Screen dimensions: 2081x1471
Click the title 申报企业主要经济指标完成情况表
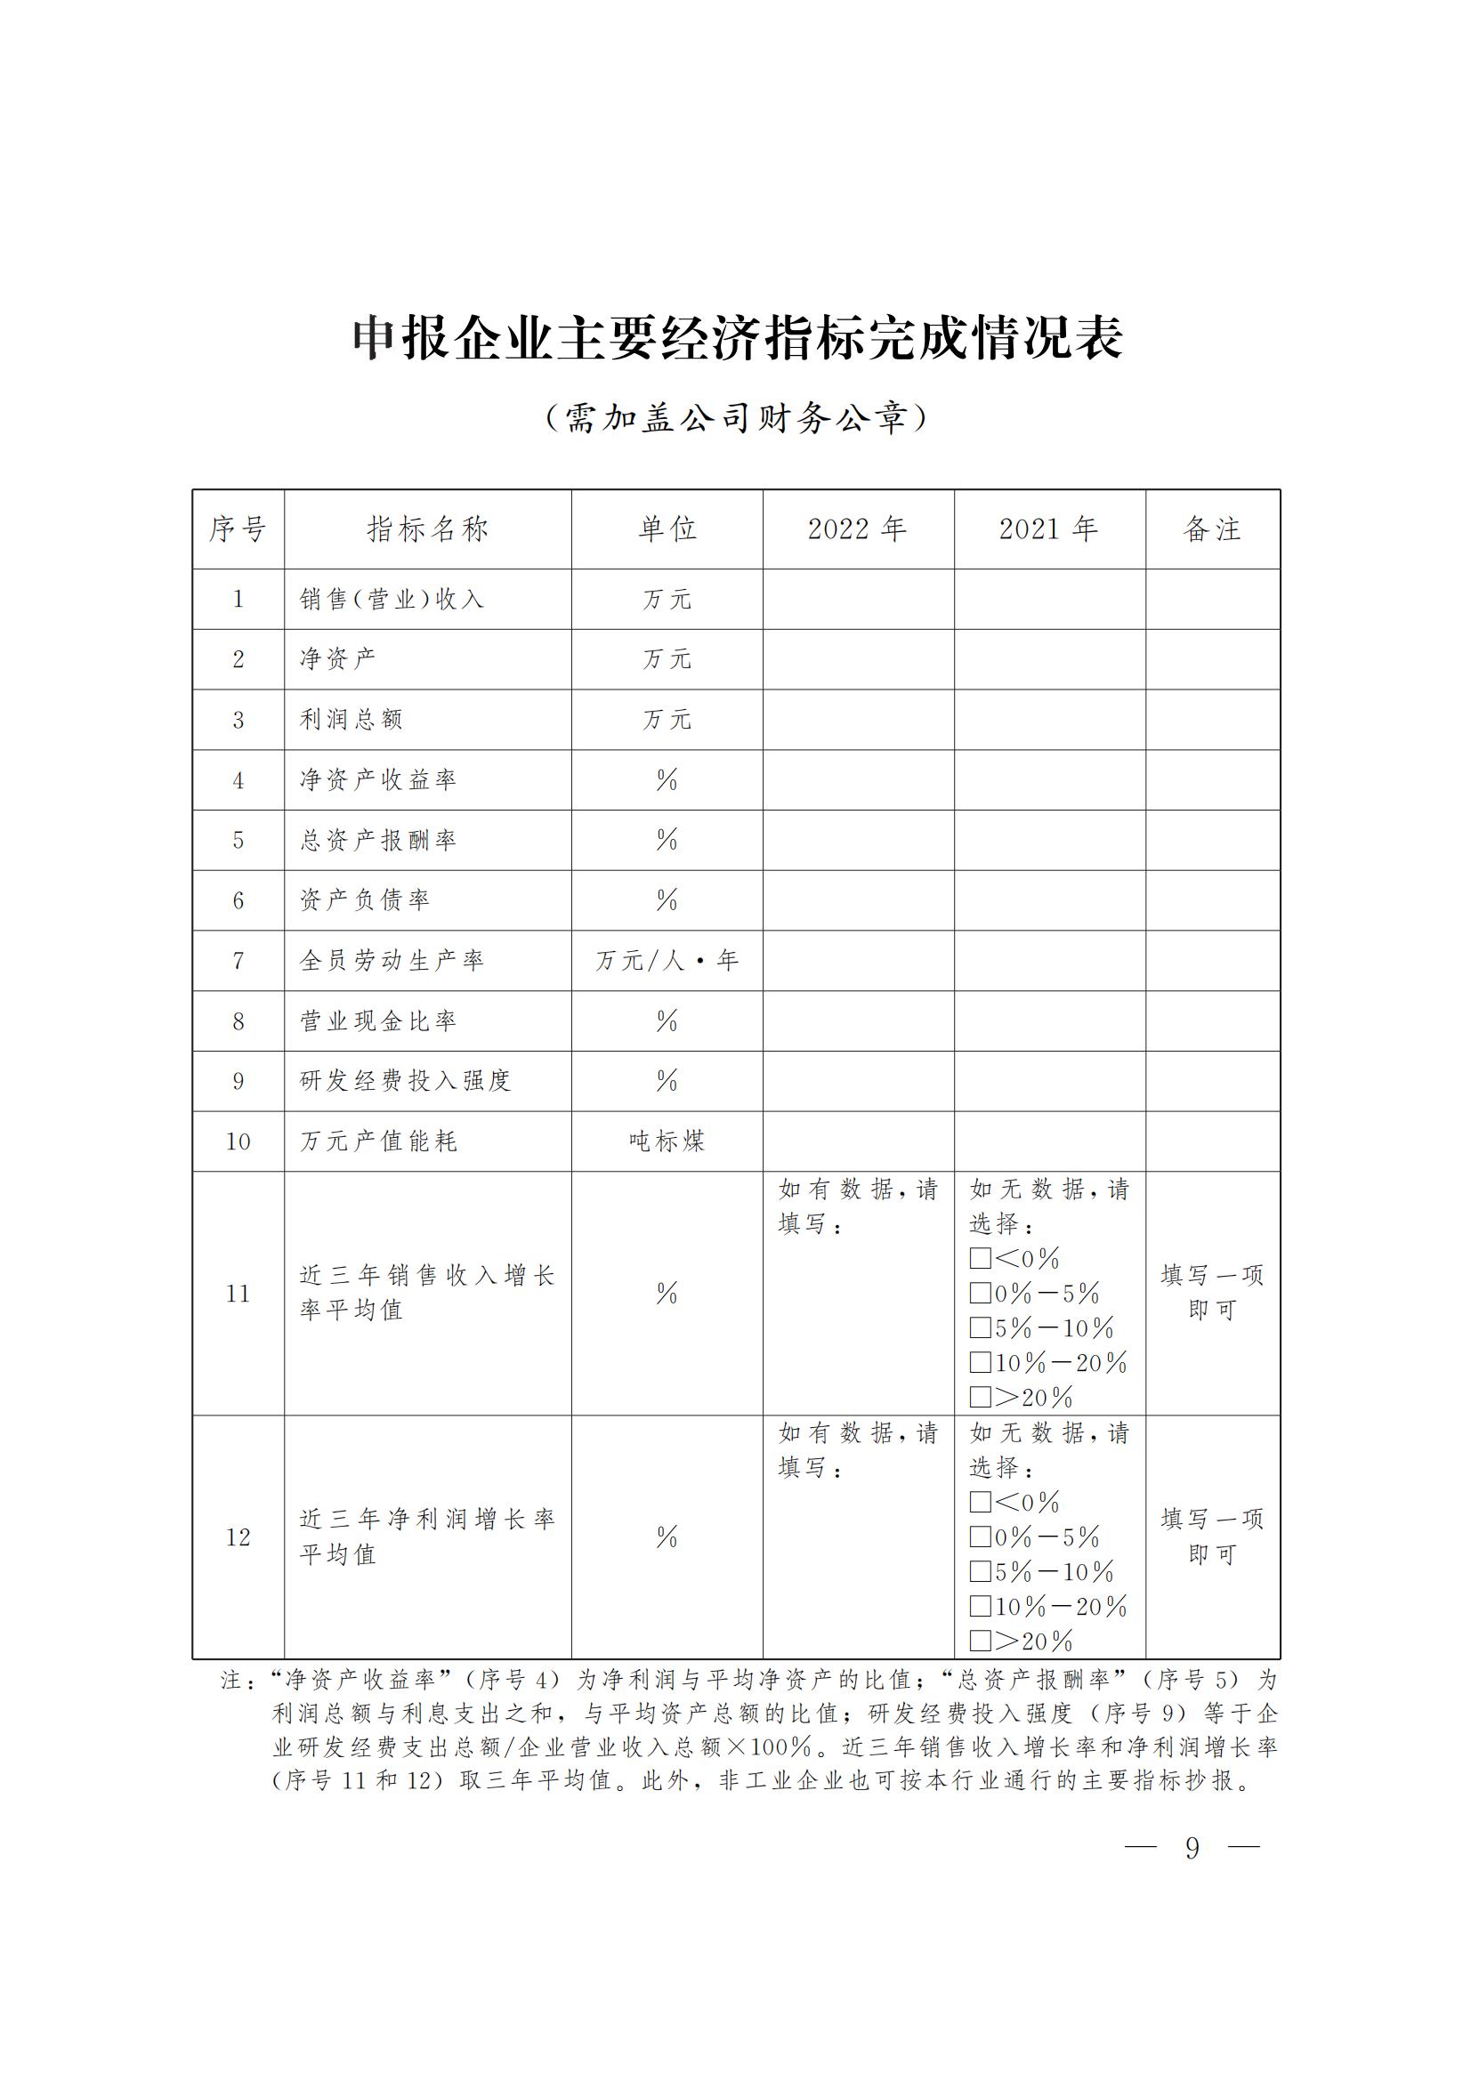coord(737,339)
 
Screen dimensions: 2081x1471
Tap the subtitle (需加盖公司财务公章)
coord(737,418)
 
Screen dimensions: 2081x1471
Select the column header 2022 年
coord(857,529)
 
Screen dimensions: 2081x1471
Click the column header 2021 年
coord(1048,529)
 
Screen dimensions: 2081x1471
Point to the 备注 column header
coord(1212,529)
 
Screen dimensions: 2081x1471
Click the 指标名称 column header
coord(427,529)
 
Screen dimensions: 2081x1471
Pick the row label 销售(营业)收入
coord(392,599)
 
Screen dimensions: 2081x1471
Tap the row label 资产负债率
coord(365,900)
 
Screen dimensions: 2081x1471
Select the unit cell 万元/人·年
coord(667,961)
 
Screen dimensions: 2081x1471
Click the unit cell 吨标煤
coord(667,1141)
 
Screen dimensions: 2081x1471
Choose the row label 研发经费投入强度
coord(405,1080)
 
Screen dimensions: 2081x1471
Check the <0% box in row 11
coord(980,1259)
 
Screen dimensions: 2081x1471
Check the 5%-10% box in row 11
coord(980,1328)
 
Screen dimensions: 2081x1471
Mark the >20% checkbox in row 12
coord(980,1641)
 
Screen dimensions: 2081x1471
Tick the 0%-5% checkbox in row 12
coord(980,1537)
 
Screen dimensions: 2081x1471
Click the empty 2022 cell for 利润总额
coord(857,720)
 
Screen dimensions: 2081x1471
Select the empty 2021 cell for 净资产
coord(1048,659)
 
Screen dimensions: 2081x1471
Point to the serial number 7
coord(238,961)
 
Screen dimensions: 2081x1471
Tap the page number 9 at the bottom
coord(1192,1848)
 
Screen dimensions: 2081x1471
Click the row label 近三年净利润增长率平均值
coord(427,1537)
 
